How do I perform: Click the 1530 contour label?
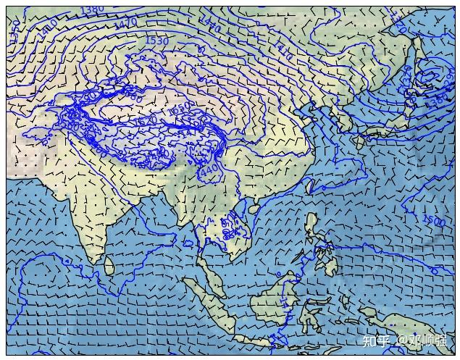click(156, 41)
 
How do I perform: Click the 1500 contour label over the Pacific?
click(433, 220)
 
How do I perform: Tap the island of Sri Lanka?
click(109, 267)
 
